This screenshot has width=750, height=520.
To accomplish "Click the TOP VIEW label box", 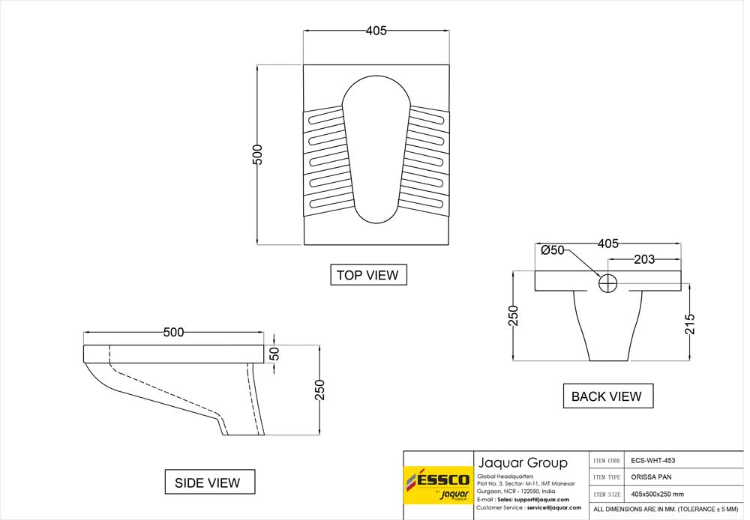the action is coord(368,275).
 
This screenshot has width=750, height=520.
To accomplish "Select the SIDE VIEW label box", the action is coord(209,482).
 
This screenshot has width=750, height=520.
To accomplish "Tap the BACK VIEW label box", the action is coord(608,396).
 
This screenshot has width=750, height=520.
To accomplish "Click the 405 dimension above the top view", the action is coord(376,31).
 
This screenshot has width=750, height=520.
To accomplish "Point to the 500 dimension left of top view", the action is coord(257,154).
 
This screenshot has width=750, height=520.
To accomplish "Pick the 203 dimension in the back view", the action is coord(644,259).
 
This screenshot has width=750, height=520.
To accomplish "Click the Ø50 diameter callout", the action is coord(553,250).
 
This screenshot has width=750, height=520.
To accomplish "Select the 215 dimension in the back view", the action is coord(690,324).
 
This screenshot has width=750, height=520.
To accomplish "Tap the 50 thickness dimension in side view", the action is coord(274,354).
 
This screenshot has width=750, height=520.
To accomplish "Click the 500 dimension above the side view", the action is coord(173,332).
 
